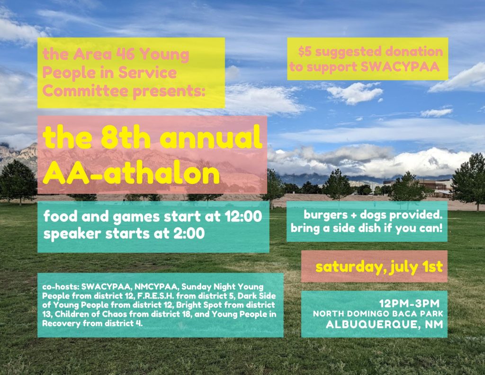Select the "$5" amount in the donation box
[305, 52]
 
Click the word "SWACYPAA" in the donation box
[400, 66]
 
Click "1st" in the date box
[433, 266]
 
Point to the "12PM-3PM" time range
[409, 303]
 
